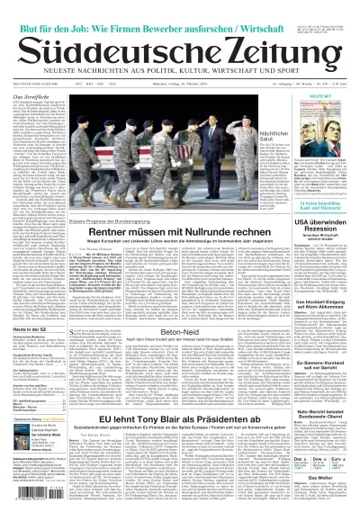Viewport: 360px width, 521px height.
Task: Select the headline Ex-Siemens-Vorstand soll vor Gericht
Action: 323,363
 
